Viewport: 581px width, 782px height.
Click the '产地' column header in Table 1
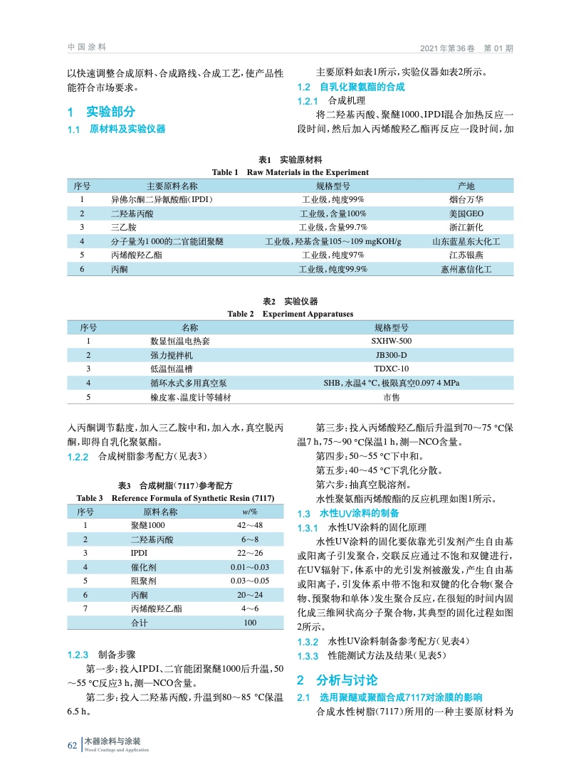(466, 186)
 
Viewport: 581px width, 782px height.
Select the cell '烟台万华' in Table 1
(466, 199)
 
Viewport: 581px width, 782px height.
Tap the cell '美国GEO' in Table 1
(466, 213)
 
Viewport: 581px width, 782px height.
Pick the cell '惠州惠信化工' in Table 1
(466, 269)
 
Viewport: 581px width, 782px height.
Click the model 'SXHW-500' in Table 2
(391, 341)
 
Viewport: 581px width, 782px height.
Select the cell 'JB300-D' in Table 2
(391, 355)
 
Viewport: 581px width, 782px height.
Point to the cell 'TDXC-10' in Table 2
(391, 369)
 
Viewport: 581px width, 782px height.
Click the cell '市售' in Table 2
(391, 396)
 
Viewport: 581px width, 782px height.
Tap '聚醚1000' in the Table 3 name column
(147, 525)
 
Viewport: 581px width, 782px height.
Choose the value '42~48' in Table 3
(250, 525)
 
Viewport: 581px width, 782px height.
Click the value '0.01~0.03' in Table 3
(250, 567)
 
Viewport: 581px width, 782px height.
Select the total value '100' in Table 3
(250, 623)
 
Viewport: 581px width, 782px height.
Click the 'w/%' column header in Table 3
(250, 512)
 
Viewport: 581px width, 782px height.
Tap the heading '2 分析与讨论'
(337, 680)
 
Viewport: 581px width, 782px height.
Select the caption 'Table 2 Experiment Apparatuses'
(290, 314)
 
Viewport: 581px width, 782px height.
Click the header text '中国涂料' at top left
(86, 47)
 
